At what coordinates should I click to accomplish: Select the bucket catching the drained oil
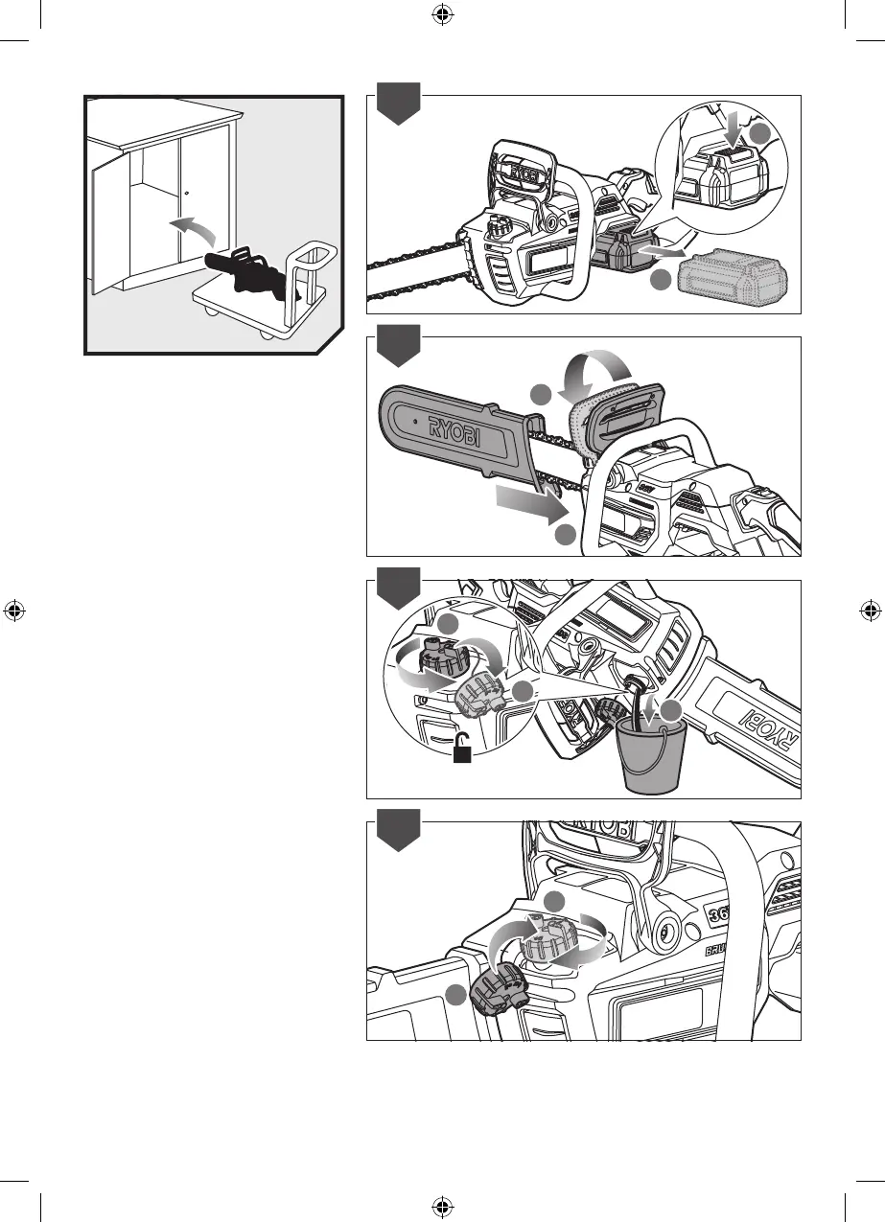pyautogui.click(x=649, y=757)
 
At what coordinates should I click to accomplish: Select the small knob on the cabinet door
pyautogui.click(x=187, y=193)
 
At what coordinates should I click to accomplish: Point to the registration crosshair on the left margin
pyautogui.click(x=14, y=611)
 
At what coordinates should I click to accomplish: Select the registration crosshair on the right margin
pyautogui.click(x=870, y=611)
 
